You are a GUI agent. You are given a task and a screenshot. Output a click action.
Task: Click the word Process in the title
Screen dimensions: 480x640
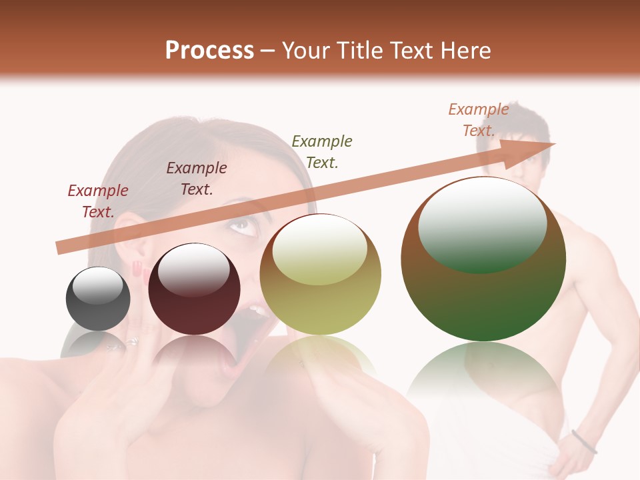(209, 51)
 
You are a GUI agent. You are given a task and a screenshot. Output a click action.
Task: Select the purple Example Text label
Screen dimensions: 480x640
(196, 179)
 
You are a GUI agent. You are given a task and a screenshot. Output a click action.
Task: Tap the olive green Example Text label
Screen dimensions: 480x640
(322, 151)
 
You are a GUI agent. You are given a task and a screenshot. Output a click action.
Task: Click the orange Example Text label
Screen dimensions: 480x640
(479, 120)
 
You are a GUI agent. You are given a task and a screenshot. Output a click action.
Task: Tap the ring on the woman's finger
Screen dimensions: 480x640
(133, 342)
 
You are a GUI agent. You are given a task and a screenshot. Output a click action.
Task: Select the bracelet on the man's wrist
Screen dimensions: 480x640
(584, 442)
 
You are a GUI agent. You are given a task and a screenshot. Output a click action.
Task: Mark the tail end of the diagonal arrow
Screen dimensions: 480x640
(60, 248)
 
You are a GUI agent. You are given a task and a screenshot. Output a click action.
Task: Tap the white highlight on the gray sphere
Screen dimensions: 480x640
(97, 285)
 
